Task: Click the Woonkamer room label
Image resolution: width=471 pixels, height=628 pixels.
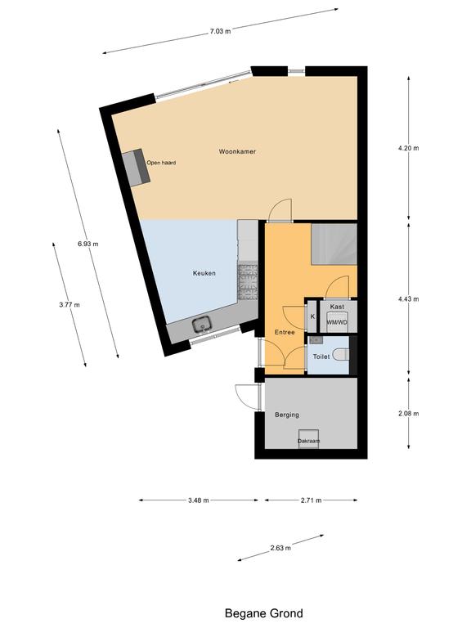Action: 237,151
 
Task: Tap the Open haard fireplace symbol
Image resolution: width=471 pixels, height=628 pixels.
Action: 137,167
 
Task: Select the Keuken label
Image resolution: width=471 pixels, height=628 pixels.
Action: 204,273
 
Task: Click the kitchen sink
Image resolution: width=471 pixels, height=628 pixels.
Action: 201,325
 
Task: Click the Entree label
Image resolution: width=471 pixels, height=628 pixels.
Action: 285,332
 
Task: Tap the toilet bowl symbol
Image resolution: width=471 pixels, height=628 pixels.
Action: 342,354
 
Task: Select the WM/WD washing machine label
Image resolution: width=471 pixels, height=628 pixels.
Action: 337,322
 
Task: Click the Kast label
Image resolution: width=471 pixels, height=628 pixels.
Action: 337,307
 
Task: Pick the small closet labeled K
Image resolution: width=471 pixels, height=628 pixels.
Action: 312,316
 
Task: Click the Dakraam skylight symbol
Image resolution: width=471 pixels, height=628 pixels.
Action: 309,439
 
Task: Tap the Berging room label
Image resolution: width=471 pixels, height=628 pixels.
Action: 287,415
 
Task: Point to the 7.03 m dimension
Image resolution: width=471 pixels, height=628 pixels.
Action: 220,31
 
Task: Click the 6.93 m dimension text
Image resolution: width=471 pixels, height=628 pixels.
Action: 88,244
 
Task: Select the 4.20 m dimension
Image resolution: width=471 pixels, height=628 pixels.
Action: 409,148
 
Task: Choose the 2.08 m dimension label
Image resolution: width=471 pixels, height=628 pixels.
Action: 409,413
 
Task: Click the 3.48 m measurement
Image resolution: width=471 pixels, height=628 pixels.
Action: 198,500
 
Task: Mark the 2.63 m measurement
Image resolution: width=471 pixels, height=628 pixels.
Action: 280,548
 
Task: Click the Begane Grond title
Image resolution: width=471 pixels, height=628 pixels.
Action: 263,612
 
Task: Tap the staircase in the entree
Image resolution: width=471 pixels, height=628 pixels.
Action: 334,244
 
